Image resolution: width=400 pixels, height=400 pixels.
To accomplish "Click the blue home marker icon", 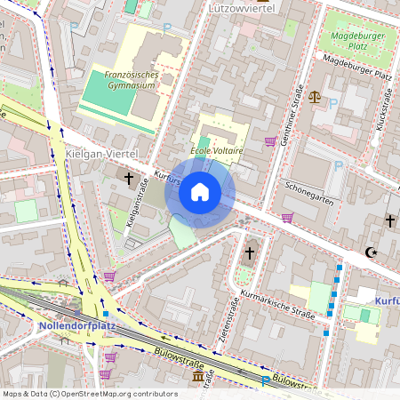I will tap(200, 192).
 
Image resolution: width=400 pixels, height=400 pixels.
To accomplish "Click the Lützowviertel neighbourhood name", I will tap(239, 8).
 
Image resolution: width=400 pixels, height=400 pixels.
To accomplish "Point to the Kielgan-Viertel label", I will tap(99, 155).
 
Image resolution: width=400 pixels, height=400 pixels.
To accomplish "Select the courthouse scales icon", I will tap(315, 95).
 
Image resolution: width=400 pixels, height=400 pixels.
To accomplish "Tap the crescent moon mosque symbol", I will tap(371, 252).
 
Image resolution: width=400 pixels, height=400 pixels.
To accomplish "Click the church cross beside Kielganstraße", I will tap(129, 179).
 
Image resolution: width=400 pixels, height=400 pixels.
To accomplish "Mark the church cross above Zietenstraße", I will tap(250, 253).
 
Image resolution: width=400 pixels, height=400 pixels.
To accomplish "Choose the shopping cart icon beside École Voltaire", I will tap(269, 141).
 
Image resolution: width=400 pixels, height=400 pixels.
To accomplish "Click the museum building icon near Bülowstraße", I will tap(197, 379).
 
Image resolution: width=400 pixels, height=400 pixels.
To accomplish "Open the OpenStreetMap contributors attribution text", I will tap(118, 393).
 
